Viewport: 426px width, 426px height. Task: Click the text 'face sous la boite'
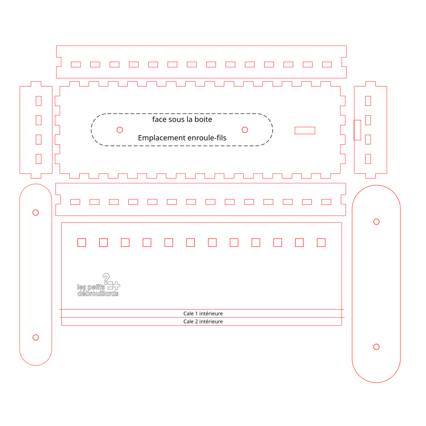click(182, 119)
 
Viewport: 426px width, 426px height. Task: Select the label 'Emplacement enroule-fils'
click(182, 138)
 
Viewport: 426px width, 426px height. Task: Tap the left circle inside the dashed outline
click(120, 130)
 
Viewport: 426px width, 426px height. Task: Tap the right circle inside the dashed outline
click(245, 130)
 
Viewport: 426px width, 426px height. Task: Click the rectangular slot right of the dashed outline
click(305, 130)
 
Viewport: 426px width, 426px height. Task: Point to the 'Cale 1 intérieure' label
click(203, 314)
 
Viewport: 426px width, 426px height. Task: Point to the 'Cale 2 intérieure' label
click(203, 322)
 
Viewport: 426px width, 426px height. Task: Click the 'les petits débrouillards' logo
click(98, 285)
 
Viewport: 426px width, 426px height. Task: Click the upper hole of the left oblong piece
click(36, 213)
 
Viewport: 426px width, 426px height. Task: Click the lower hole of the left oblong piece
click(36, 337)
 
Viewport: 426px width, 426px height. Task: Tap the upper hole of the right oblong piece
click(376, 222)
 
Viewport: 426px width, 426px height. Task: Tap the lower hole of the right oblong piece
click(376, 347)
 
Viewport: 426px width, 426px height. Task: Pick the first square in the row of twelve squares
click(82, 243)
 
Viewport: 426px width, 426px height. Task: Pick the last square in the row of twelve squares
click(321, 243)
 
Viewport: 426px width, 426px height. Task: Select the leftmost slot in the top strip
click(76, 64)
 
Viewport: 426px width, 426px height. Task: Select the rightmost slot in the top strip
click(327, 64)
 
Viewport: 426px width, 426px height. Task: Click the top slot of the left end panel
click(39, 101)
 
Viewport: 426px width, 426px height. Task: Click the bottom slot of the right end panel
click(368, 159)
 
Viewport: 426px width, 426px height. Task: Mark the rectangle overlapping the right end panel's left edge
click(357, 130)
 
